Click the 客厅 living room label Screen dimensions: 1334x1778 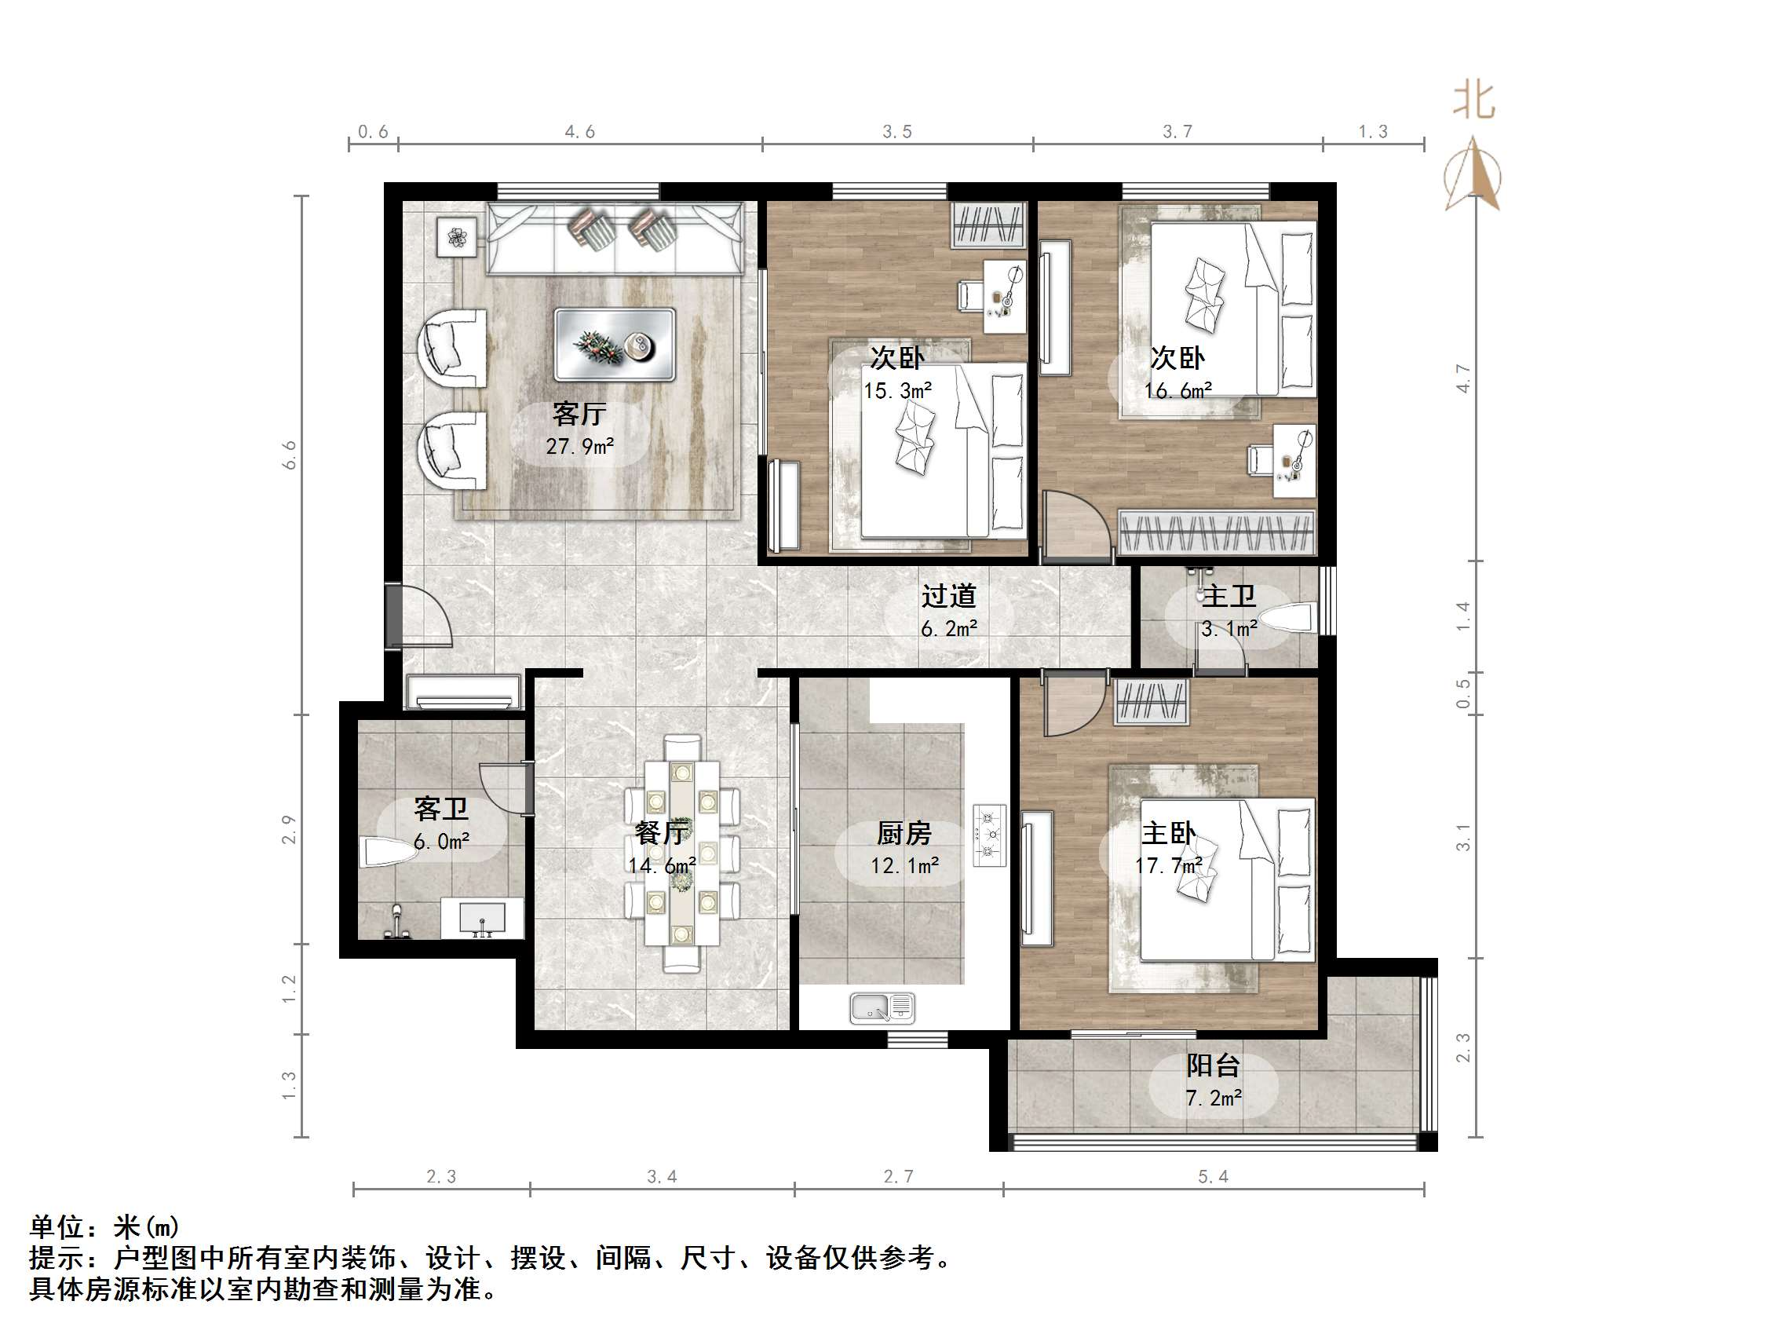[579, 414]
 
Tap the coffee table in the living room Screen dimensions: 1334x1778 [615, 344]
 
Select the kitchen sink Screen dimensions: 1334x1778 [882, 1008]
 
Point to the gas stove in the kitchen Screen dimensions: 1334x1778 [989, 835]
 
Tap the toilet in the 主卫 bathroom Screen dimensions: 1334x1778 [1286, 619]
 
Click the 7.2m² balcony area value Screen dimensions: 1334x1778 [1214, 1098]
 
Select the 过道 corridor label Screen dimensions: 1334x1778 [948, 596]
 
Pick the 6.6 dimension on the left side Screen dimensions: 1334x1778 [290, 455]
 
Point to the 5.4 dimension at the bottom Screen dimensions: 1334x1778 [1213, 1177]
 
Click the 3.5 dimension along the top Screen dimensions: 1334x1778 [897, 132]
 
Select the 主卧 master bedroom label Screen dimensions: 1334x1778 [1169, 832]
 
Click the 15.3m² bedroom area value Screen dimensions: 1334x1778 [897, 391]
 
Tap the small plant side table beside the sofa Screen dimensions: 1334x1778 [457, 237]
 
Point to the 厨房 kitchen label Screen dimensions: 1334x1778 [904, 833]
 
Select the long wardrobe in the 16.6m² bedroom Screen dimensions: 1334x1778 [1215, 532]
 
